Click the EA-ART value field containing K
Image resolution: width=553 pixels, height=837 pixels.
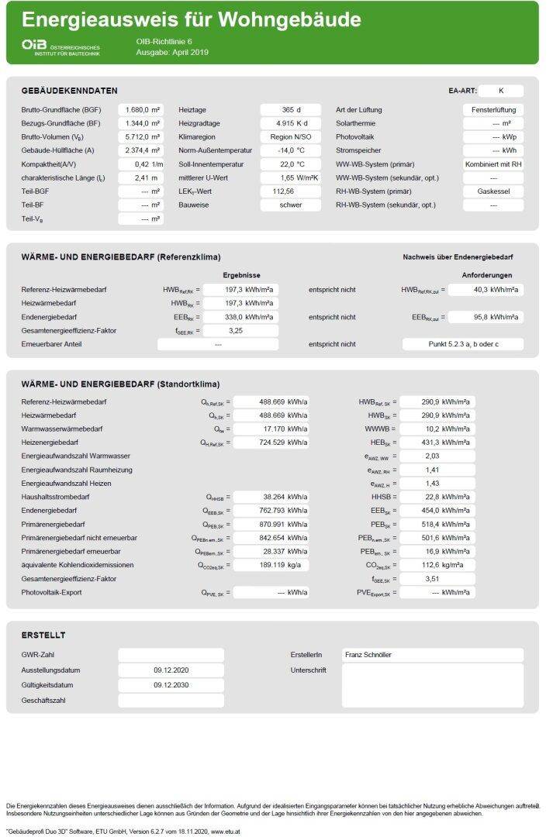tap(501, 91)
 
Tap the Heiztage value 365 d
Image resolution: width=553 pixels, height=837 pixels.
tap(291, 110)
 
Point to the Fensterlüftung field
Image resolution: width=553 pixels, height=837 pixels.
tap(493, 110)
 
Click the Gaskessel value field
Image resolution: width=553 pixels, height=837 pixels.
tap(493, 191)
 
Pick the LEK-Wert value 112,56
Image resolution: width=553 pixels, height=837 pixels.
tap(291, 191)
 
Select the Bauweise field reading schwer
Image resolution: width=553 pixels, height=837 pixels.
tap(291, 205)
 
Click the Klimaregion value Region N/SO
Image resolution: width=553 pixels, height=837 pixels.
tap(291, 137)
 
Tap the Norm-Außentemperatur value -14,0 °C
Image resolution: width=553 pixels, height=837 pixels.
tap(291, 150)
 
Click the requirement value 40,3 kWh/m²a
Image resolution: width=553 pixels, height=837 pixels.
tap(486, 290)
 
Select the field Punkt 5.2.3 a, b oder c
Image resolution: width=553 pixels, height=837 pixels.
tap(463, 344)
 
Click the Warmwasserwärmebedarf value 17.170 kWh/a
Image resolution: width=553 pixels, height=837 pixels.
tap(271, 429)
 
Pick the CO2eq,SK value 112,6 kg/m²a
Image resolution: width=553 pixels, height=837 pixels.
tap(437, 565)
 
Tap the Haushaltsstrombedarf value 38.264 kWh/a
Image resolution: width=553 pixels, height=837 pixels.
tap(271, 498)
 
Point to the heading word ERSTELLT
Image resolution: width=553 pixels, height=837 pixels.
tap(43, 635)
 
